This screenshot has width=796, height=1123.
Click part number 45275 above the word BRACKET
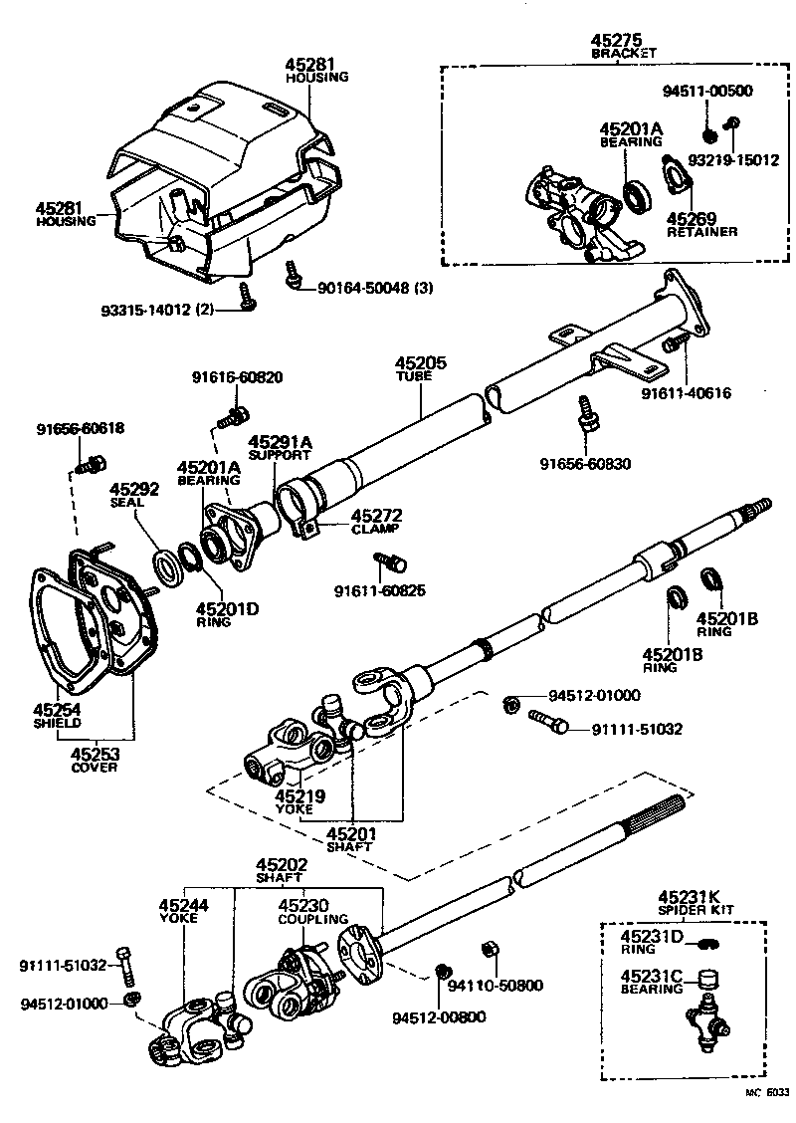click(616, 40)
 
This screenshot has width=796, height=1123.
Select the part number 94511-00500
click(707, 91)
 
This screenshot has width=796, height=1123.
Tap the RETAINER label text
click(701, 232)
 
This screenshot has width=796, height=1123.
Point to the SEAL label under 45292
click(126, 503)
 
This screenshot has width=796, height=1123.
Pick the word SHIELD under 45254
click(57, 723)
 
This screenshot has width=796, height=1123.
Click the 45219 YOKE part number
click(295, 795)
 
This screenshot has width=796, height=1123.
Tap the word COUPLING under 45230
click(312, 919)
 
